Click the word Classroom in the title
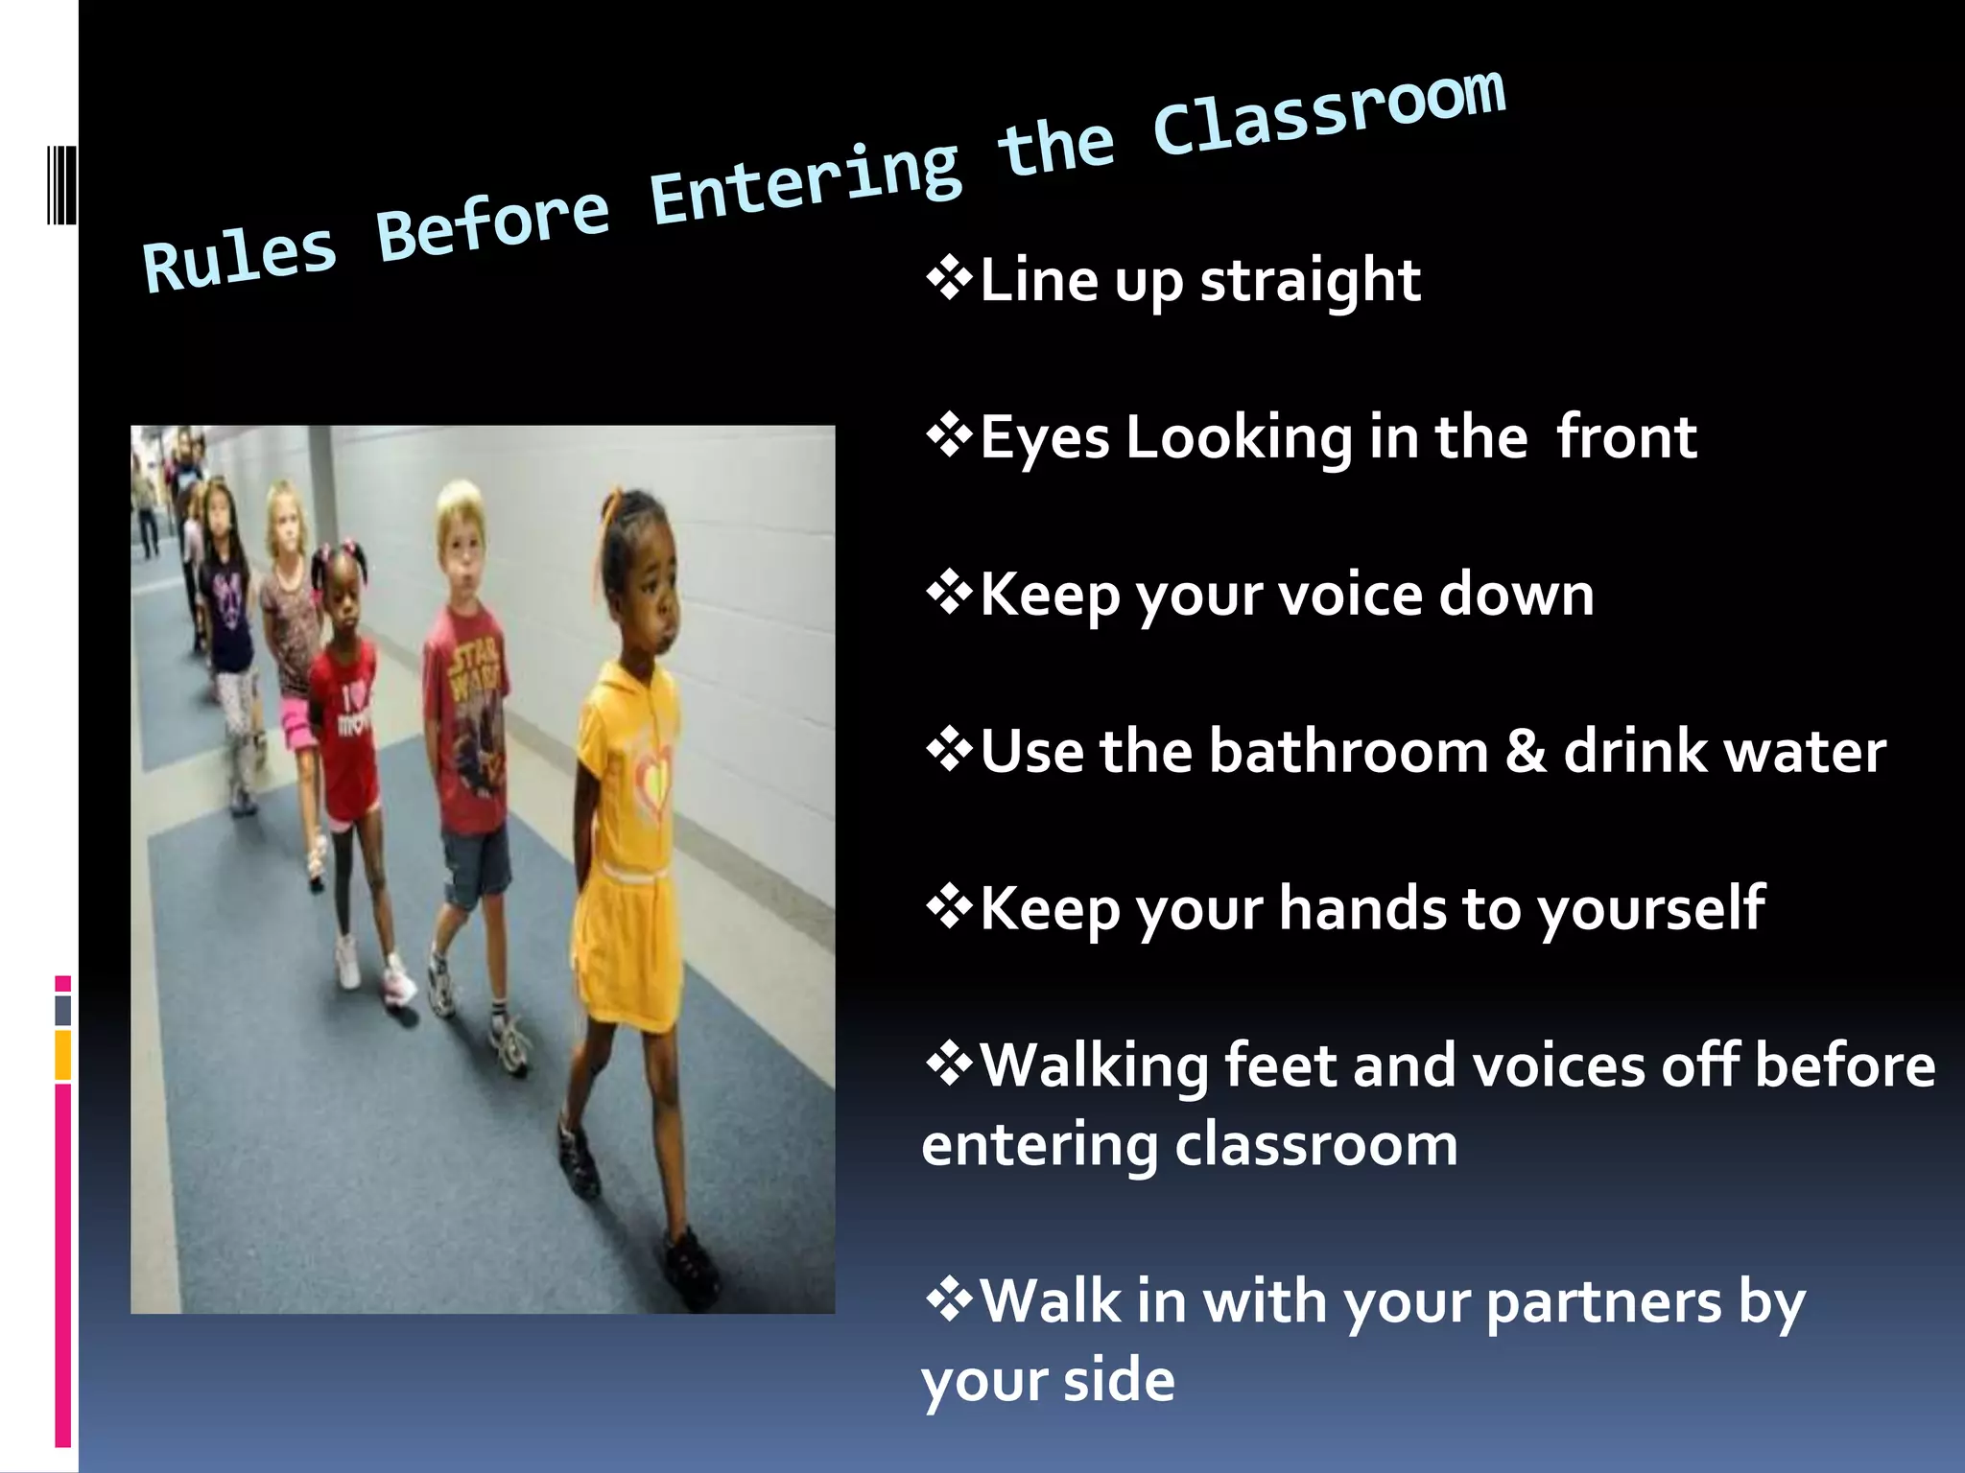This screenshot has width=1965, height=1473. tap(1329, 113)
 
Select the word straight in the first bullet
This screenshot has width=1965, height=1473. tap(1310, 281)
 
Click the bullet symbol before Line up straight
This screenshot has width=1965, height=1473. tap(949, 280)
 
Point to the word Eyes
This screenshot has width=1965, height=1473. tap(1045, 438)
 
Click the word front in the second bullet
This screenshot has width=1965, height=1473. tap(1626, 437)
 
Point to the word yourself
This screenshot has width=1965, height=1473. tap(1650, 910)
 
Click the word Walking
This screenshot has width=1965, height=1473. tap(1094, 1066)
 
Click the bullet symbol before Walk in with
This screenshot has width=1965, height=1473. tap(949, 1301)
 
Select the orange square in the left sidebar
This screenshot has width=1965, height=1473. tap(63, 1055)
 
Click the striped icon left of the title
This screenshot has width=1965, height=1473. tap(61, 184)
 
